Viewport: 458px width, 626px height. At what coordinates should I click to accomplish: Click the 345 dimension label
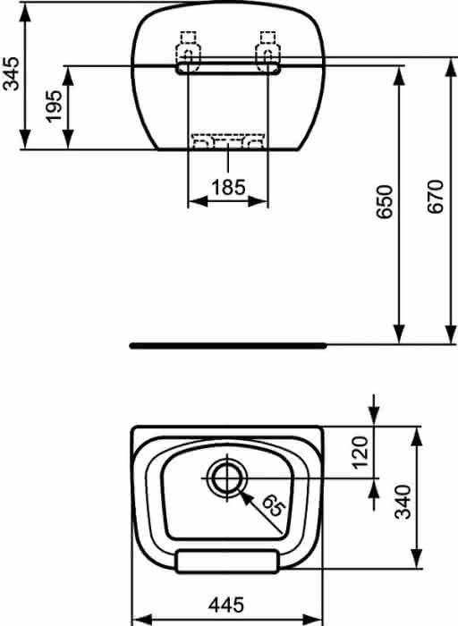coord(11,74)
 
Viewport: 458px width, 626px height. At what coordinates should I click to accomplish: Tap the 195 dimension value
coord(54,106)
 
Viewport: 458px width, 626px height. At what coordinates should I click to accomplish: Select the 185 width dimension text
coord(228,187)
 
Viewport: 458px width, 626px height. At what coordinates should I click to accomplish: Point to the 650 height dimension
coord(385,201)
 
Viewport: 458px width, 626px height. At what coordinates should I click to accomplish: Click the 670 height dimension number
coord(436,197)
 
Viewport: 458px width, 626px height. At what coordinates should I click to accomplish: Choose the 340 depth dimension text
coord(403,502)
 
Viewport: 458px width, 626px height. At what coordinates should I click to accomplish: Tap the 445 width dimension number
coord(226,605)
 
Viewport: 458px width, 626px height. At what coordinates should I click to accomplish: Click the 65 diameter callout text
coord(273,506)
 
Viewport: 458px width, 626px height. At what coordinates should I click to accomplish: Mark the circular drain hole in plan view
coord(227,478)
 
